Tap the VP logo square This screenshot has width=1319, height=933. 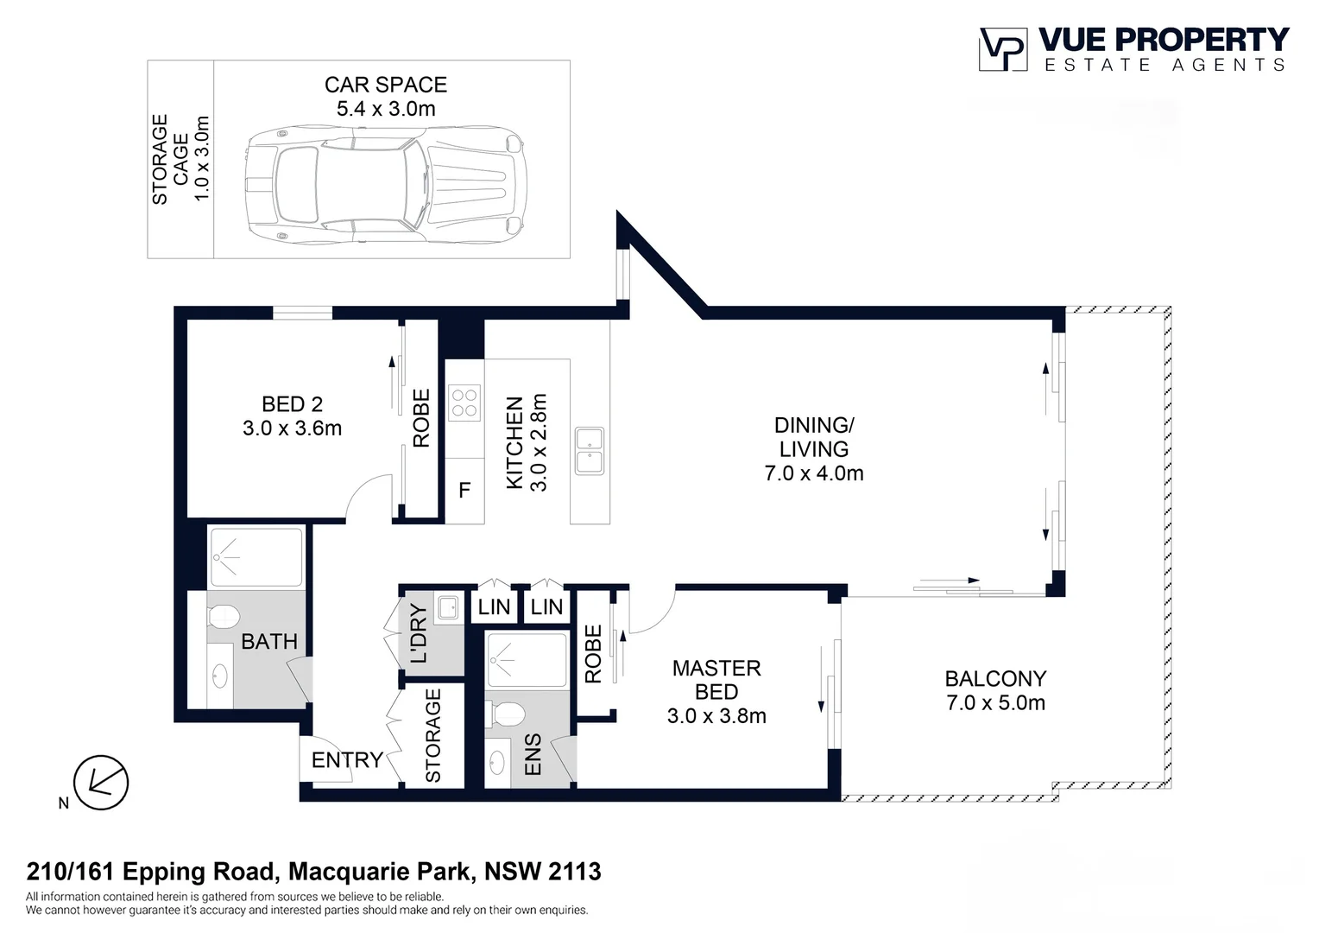point(1003,49)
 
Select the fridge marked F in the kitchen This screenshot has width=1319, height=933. point(464,491)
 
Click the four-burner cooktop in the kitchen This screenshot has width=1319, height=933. point(464,403)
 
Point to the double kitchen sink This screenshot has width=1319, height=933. point(590,451)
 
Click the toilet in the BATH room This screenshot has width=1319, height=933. point(224,617)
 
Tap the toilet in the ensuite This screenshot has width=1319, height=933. point(506,715)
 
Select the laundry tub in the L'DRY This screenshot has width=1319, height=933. point(448,606)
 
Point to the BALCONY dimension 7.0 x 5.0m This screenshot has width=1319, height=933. point(996,703)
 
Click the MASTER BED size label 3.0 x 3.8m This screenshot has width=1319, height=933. point(716,716)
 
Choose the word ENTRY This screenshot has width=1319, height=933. point(347,760)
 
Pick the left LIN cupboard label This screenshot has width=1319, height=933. point(494,606)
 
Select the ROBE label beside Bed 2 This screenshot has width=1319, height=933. point(421,418)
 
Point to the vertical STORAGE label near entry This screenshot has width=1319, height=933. point(432,735)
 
